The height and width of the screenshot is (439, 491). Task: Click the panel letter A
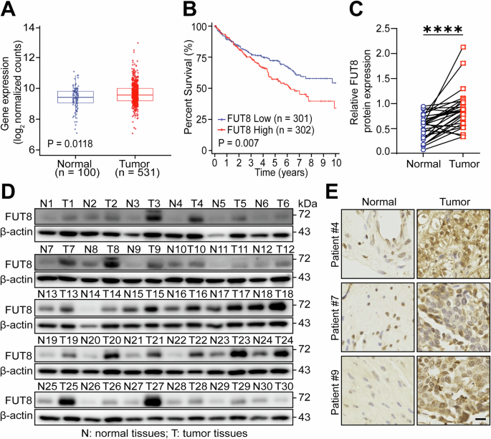[9, 10]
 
